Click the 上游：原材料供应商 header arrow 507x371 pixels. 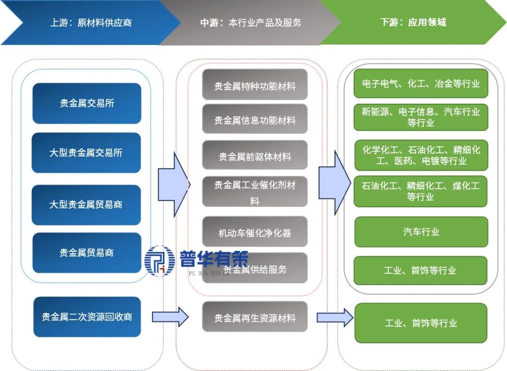point(89,23)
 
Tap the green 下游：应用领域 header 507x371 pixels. point(413,23)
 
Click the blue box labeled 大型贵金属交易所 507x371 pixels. point(86,153)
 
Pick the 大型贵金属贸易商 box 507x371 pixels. point(86,205)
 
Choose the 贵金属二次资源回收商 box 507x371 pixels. point(87,317)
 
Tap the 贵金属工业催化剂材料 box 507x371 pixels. point(255,192)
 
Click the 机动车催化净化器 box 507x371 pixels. point(255,232)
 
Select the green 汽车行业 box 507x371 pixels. point(421,232)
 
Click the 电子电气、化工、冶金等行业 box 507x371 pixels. point(421,84)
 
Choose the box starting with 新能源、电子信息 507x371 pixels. point(421,117)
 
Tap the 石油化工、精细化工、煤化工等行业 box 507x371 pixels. point(421,191)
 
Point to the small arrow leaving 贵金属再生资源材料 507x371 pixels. point(335,318)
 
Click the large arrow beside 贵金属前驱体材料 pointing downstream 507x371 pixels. point(334,183)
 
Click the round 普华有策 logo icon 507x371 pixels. point(160,261)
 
